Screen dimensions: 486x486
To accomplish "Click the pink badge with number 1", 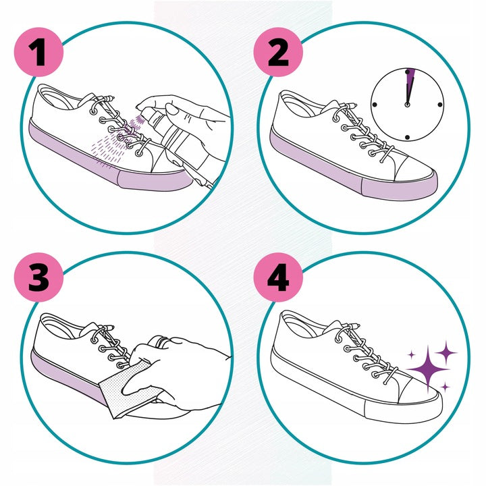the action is [38, 52].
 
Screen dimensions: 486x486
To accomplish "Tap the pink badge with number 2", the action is [278, 52].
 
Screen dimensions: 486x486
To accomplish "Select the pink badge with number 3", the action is [38, 277].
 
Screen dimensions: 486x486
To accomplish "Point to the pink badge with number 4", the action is [278, 277].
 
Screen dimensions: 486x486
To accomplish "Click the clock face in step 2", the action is [407, 105].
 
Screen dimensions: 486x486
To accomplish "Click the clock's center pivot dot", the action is [407, 105].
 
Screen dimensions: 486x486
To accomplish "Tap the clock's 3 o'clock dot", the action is [440, 105].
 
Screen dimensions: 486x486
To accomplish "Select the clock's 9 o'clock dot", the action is [375, 105].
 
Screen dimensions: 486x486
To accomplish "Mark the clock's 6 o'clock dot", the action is [407, 137].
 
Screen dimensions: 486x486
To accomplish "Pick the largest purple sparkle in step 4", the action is [429, 369].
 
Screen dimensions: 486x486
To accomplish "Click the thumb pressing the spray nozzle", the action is [171, 109].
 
